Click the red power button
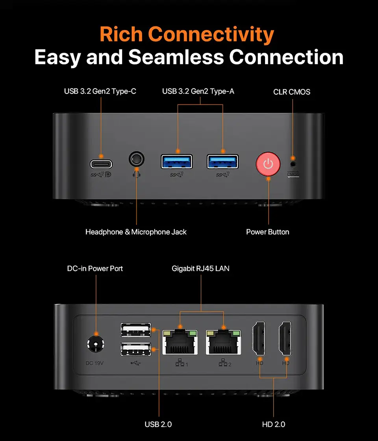point(268,164)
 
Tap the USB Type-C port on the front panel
point(101,164)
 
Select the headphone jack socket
point(137,159)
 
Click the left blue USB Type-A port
point(177,162)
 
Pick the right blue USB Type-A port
point(222,162)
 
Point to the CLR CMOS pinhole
point(293,164)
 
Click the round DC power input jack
point(96,344)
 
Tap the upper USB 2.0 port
point(136,330)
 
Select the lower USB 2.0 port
point(136,349)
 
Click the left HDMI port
point(259,338)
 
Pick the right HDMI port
point(285,338)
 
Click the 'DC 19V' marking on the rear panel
point(94,363)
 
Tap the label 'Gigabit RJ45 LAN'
point(200,268)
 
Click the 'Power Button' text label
point(268,232)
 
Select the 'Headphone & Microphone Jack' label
point(136,232)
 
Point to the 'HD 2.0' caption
point(274,424)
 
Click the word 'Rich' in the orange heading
point(121,34)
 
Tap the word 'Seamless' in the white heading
point(176,57)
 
